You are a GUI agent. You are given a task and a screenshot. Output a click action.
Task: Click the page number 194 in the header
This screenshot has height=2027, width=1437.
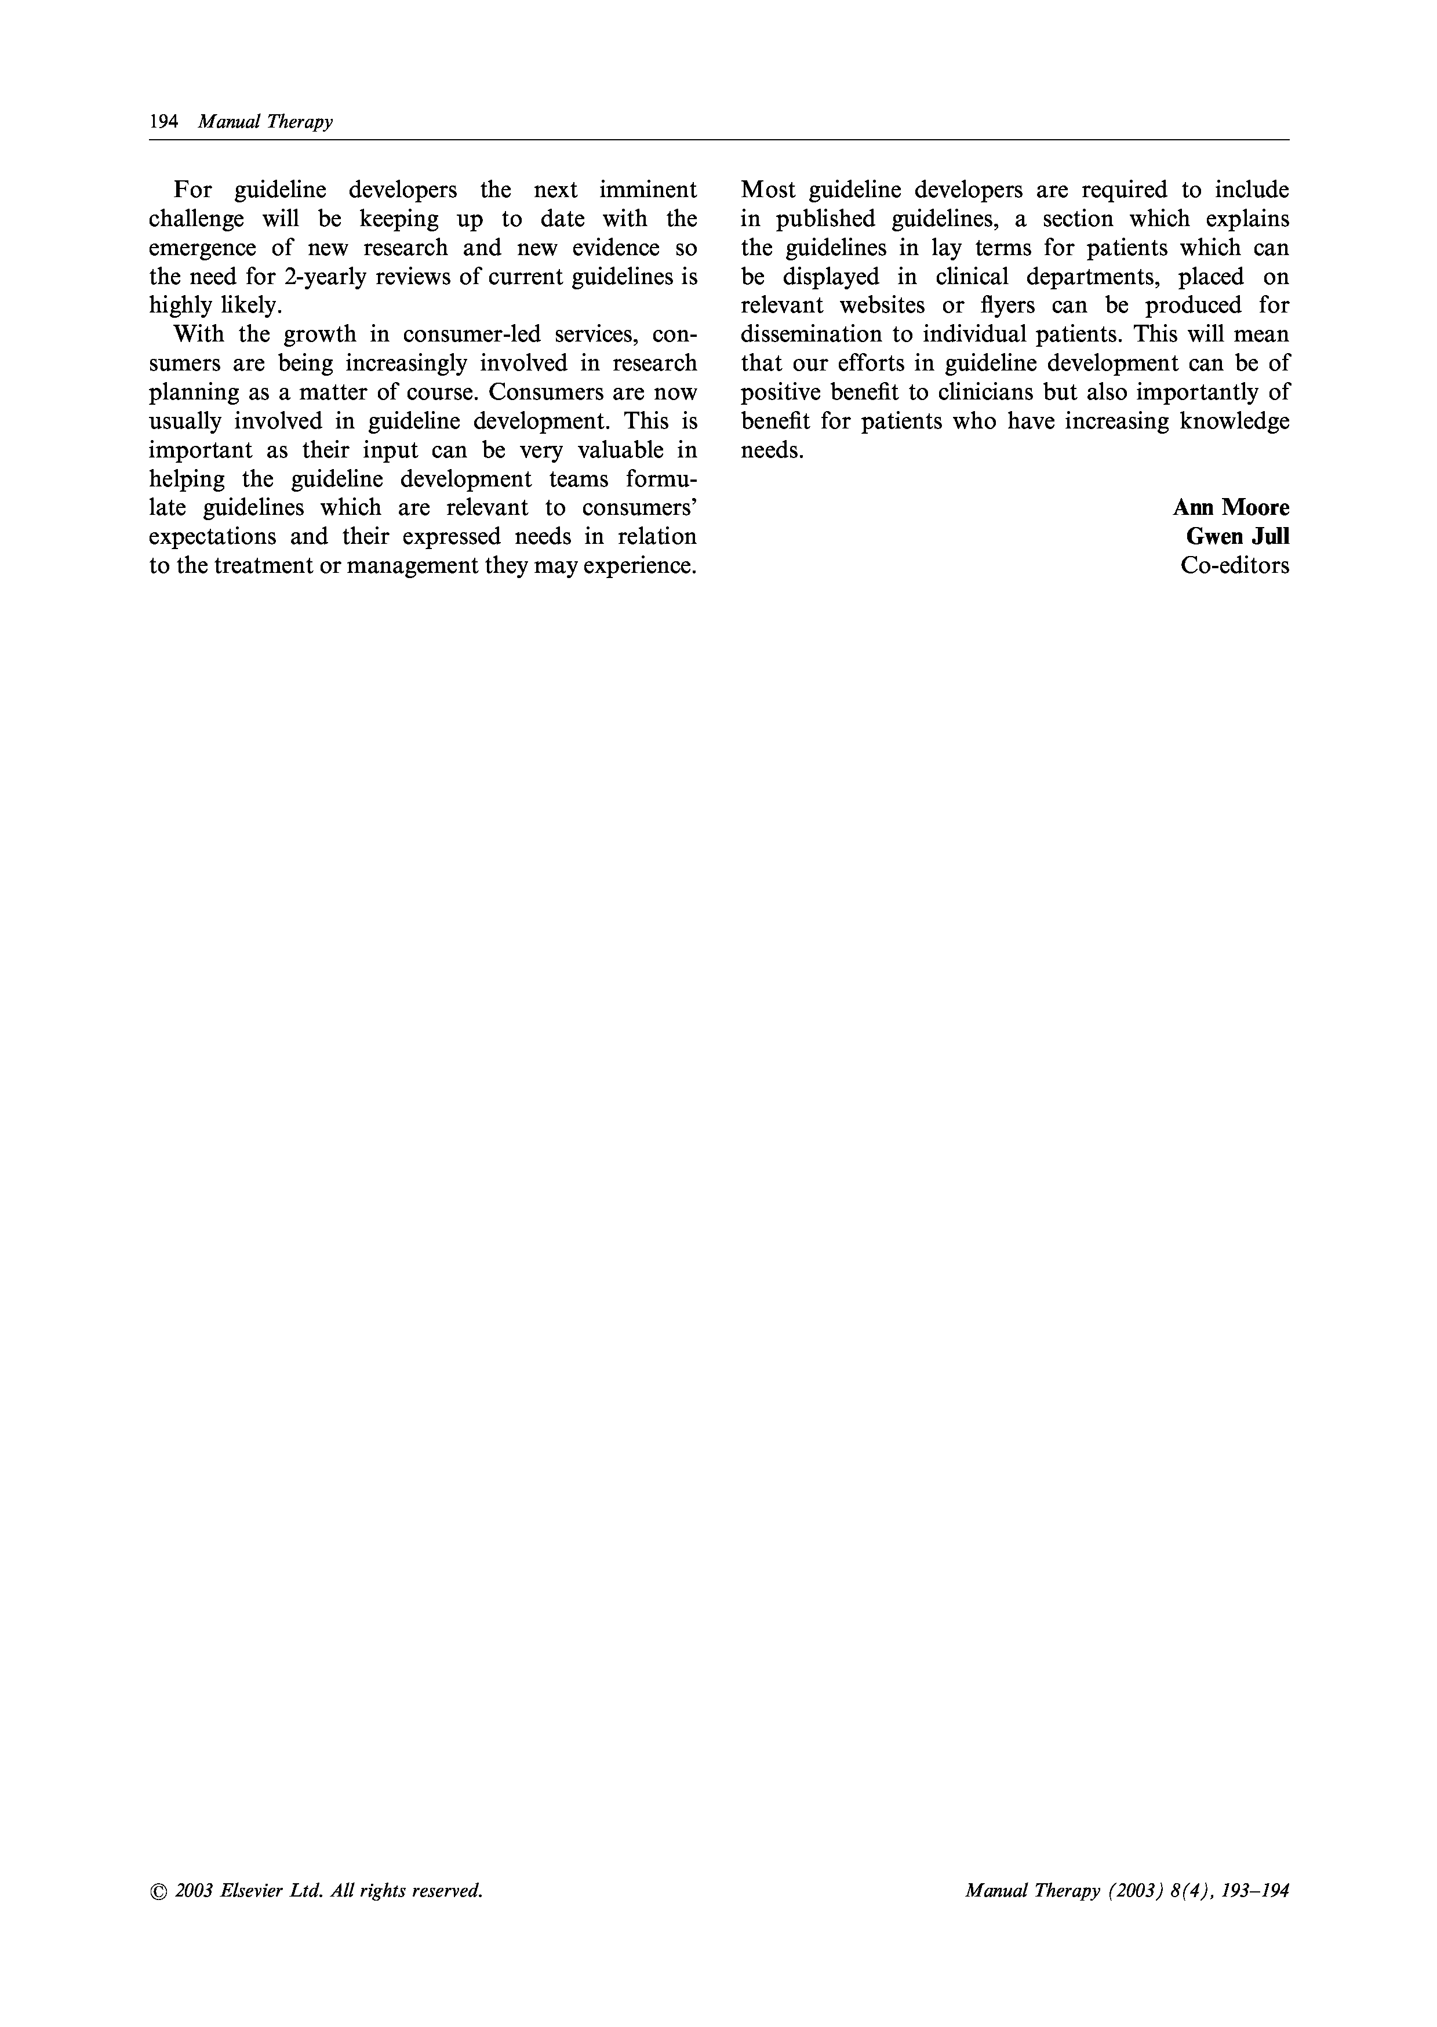(x=163, y=122)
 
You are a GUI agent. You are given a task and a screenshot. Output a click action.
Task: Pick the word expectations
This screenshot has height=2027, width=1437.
(x=212, y=536)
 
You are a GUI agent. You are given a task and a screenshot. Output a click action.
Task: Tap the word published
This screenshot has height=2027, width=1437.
(x=825, y=219)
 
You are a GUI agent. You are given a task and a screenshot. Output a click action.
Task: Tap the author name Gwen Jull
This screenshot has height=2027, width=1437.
(x=1237, y=536)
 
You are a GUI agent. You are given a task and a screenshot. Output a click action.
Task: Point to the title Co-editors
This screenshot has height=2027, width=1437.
(x=1234, y=566)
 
